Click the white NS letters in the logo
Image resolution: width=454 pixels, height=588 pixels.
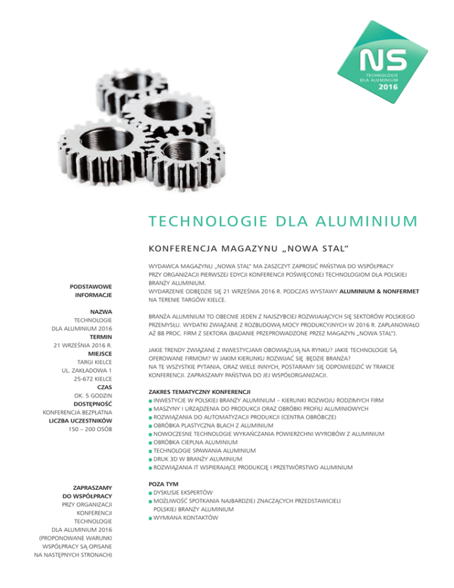coord(384,61)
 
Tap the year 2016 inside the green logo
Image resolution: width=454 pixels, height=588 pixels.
coord(388,86)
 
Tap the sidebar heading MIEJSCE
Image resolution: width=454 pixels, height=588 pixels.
coord(99,356)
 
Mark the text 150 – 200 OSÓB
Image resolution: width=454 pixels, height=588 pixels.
coord(87,428)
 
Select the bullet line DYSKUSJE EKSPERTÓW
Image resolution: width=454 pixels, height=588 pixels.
coord(183,492)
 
